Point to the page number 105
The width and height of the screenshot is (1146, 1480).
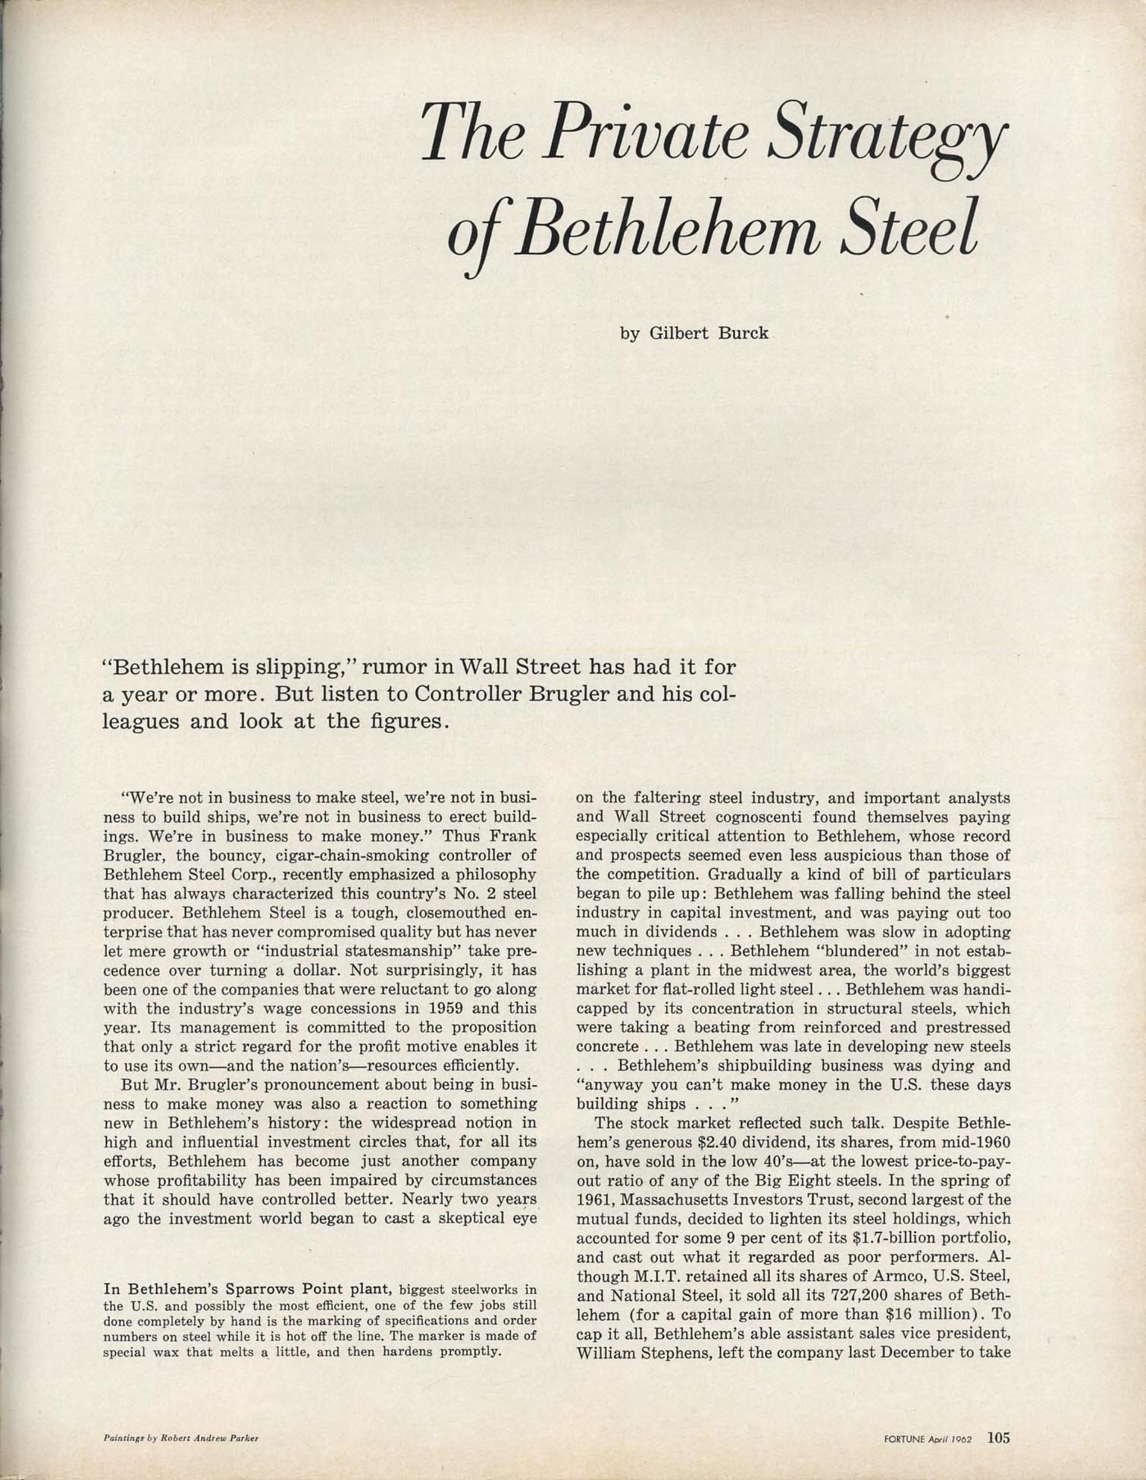pyautogui.click(x=998, y=1436)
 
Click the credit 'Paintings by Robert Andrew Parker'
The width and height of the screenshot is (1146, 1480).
pyautogui.click(x=181, y=1438)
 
